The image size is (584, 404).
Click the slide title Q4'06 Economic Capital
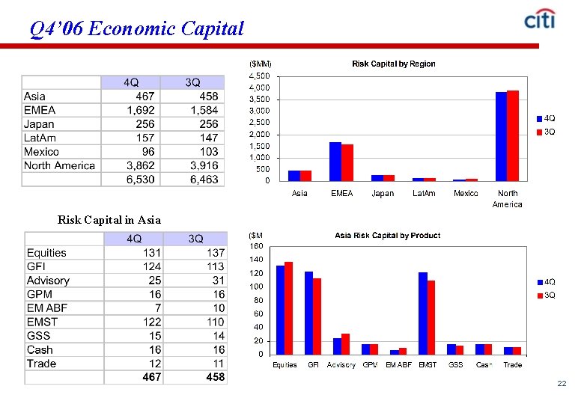(x=137, y=29)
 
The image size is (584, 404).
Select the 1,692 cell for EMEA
(x=140, y=110)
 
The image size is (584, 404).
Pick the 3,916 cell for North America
(x=203, y=165)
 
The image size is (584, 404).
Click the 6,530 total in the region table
(x=140, y=180)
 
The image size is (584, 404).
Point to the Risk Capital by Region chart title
(x=393, y=64)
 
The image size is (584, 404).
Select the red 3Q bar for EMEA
(x=347, y=162)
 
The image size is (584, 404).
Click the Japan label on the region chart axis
(x=383, y=194)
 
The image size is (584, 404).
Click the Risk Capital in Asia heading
(x=109, y=220)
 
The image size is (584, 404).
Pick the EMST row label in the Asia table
(x=42, y=322)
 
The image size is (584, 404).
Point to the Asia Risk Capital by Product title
(x=387, y=236)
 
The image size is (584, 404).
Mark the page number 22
(x=562, y=384)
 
